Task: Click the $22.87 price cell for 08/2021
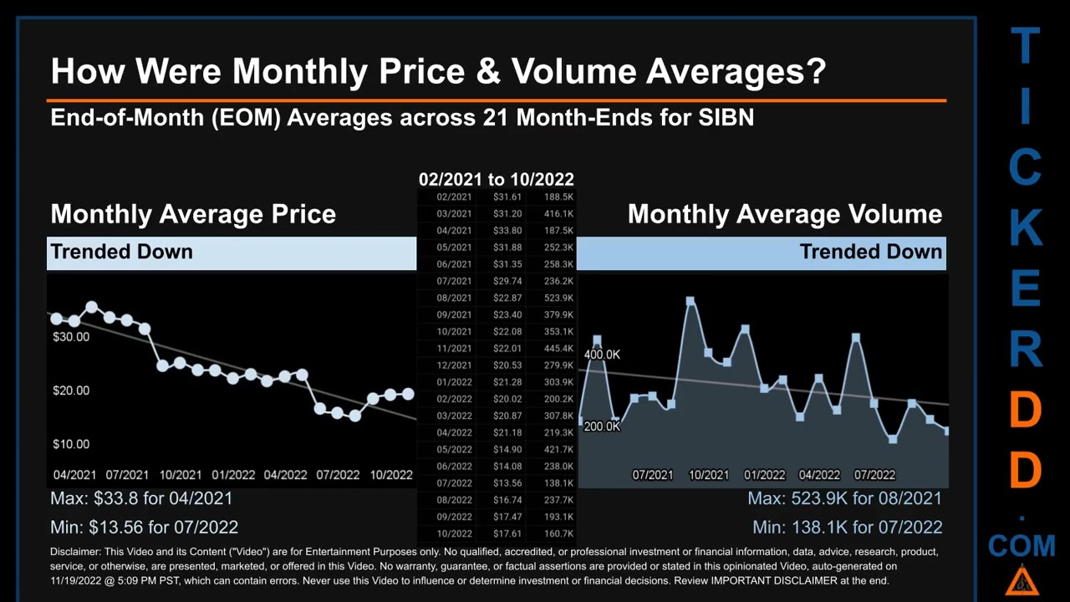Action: [507, 298]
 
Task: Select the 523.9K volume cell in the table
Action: [558, 298]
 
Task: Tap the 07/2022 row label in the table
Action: [454, 483]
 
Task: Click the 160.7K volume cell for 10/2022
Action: [558, 533]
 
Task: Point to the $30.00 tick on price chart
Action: [71, 337]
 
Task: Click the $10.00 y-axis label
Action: [71, 444]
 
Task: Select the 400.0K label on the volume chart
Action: [602, 355]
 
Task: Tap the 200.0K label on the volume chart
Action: [602, 426]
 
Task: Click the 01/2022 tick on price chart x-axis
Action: [233, 475]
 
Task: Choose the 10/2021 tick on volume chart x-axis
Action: [708, 475]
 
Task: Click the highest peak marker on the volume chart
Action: [690, 301]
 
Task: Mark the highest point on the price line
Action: [91, 307]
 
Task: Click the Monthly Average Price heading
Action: [193, 214]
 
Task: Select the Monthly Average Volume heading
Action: [784, 214]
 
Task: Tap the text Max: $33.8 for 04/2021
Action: [141, 498]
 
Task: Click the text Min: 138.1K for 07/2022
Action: [847, 528]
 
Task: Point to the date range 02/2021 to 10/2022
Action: [496, 179]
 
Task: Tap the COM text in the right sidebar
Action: [1021, 547]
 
